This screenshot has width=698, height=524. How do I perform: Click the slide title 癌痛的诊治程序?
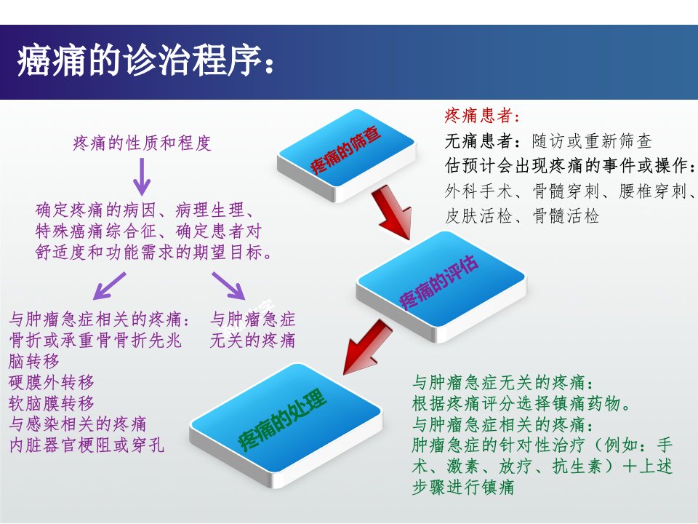[140, 60]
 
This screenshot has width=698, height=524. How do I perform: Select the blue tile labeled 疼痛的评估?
[441, 285]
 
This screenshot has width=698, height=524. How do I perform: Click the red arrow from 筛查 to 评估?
[392, 213]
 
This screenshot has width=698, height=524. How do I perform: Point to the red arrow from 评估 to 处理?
[368, 348]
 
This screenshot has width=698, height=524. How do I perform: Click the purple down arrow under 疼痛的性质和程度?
[142, 176]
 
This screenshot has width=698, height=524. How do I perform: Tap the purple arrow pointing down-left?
[109, 285]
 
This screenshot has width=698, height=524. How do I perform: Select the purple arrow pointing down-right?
[228, 285]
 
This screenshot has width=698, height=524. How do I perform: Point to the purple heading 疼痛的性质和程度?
[142, 143]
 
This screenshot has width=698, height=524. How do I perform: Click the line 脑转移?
[34, 361]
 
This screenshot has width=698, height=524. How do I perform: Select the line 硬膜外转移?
[51, 382]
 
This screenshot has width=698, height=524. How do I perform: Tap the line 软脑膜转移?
[51, 402]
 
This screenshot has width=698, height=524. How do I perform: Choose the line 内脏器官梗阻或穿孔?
[87, 445]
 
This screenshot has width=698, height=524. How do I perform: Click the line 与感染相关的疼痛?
[78, 424]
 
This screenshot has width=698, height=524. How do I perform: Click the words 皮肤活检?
[478, 216]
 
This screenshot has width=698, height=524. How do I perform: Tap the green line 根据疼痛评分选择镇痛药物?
[516, 403]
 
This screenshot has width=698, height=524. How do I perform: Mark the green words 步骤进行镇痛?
[463, 487]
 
